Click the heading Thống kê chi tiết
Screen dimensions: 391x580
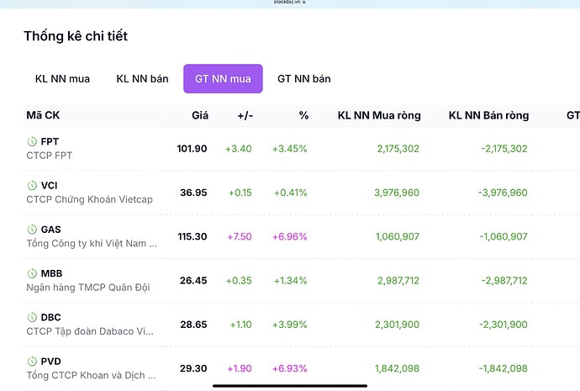click(x=76, y=36)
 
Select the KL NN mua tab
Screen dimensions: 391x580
click(x=62, y=79)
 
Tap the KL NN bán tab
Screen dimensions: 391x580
click(x=142, y=79)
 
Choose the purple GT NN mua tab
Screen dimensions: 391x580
click(x=223, y=79)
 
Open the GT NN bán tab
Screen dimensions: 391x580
click(x=303, y=79)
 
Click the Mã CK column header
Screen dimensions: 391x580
click(x=42, y=115)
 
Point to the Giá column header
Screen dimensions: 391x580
click(x=200, y=115)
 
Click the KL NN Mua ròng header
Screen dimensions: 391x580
click(x=378, y=115)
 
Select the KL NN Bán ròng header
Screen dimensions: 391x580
click(x=488, y=115)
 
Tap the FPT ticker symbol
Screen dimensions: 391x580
click(x=50, y=141)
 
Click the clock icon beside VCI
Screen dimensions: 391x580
click(x=32, y=185)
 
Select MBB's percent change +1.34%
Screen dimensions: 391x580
click(x=290, y=280)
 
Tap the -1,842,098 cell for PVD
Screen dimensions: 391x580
click(x=504, y=368)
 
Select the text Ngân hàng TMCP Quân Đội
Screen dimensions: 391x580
click(x=88, y=288)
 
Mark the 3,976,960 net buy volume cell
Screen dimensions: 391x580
click(x=397, y=193)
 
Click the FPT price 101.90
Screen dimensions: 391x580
click(x=192, y=149)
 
